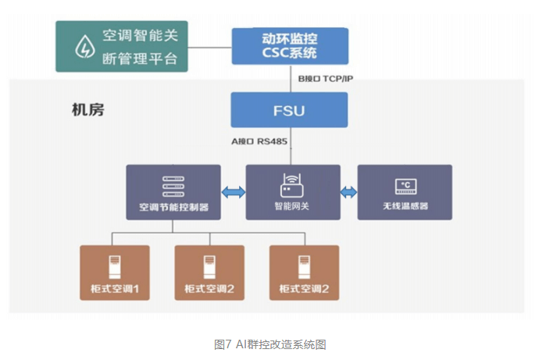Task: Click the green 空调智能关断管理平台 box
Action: (x=122, y=46)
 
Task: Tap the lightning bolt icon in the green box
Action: (x=83, y=47)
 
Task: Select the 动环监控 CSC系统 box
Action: (x=289, y=46)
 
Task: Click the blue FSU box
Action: (x=289, y=110)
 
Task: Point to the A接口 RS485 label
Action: (x=258, y=143)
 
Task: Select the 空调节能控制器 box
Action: (x=173, y=192)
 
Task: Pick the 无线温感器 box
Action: (x=405, y=192)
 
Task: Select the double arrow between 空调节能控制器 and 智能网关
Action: (x=233, y=192)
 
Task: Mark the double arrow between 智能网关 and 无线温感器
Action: (x=349, y=192)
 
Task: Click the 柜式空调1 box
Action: (x=114, y=273)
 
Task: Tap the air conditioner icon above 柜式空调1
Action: (x=115, y=266)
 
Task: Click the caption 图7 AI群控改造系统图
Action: (x=269, y=344)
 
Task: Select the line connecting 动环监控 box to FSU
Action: (x=289, y=79)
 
